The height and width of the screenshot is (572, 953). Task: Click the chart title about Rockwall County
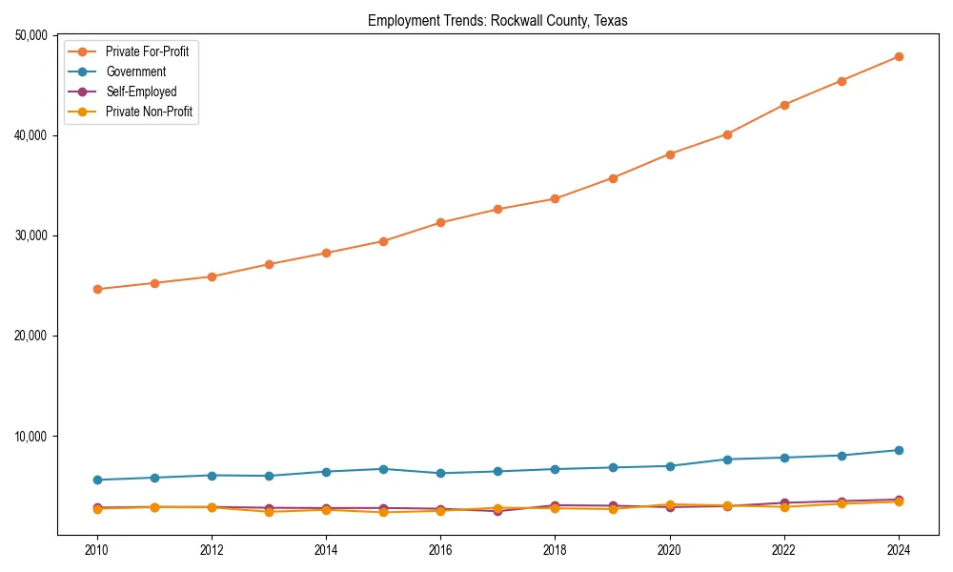tap(497, 21)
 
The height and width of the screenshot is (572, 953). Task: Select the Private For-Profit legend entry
tap(147, 51)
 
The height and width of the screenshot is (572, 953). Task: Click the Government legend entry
tap(135, 71)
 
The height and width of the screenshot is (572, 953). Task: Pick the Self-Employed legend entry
tap(141, 92)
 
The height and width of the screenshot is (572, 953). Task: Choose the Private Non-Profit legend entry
tap(149, 112)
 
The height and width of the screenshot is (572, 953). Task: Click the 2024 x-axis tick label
tap(899, 550)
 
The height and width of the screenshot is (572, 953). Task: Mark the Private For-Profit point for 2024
tap(899, 56)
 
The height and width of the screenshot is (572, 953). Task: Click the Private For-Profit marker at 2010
tap(96, 289)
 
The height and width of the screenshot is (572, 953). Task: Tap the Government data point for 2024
tap(899, 450)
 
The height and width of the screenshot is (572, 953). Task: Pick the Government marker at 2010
tap(96, 480)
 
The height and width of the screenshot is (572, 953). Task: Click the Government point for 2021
tap(727, 460)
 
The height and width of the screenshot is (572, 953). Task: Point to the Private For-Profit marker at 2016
tap(440, 222)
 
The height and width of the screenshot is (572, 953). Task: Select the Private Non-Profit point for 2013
tap(269, 512)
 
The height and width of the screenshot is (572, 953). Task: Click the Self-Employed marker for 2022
tap(784, 502)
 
